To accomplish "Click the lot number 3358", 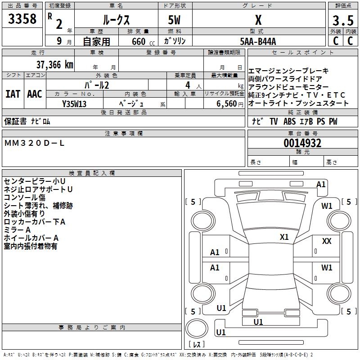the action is pos(22,19).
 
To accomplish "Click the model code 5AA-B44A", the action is pos(258,41).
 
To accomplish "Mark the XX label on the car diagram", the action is pos(327,242).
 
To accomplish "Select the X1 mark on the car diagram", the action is pos(284,237).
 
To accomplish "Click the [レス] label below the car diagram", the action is pos(197,345).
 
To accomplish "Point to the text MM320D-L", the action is pos(34,143).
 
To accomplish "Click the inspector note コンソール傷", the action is pos(24,197).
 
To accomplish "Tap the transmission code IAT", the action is pos(13,94).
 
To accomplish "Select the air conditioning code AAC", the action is pos(34,94).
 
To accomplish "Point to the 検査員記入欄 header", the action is pos(91,173).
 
